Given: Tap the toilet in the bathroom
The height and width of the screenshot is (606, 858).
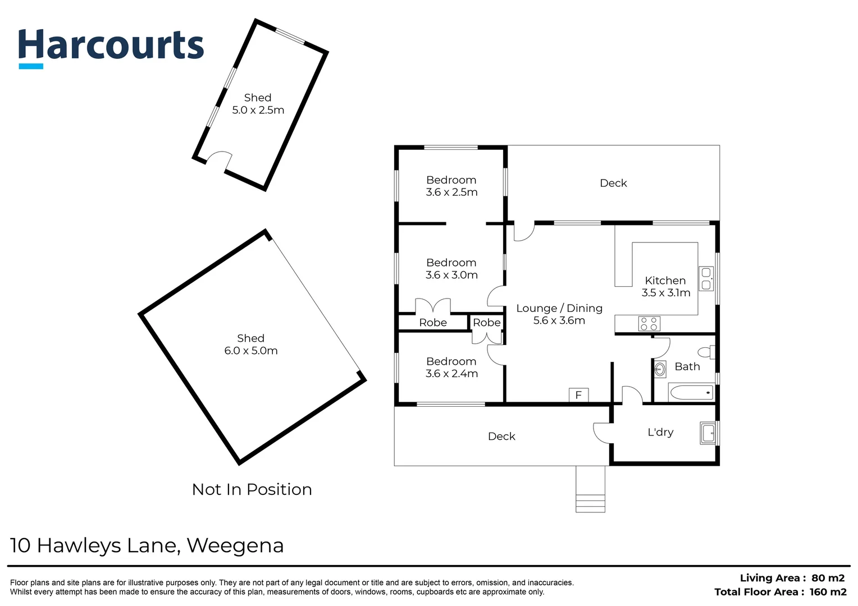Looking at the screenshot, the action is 706,352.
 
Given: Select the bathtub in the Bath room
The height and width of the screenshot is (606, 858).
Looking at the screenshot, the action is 691,392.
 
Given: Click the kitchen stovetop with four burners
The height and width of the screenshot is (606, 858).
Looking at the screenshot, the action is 649,324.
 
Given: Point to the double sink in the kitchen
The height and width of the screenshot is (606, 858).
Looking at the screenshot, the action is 706,279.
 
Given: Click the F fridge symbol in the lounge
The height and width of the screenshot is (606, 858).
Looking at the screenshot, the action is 578,395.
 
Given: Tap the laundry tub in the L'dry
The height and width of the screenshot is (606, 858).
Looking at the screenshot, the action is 708,433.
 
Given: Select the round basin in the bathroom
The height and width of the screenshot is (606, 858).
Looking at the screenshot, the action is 660,369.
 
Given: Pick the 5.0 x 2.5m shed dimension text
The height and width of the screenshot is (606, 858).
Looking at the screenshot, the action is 258,110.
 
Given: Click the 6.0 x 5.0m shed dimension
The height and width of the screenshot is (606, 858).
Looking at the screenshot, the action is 251,351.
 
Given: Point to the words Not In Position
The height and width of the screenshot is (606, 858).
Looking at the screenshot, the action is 252,490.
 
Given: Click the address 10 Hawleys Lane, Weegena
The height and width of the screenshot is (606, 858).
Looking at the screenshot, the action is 147,546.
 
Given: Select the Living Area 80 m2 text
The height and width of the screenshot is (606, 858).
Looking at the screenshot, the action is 792,578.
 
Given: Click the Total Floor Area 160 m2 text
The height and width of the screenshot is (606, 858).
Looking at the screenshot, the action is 781,592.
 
